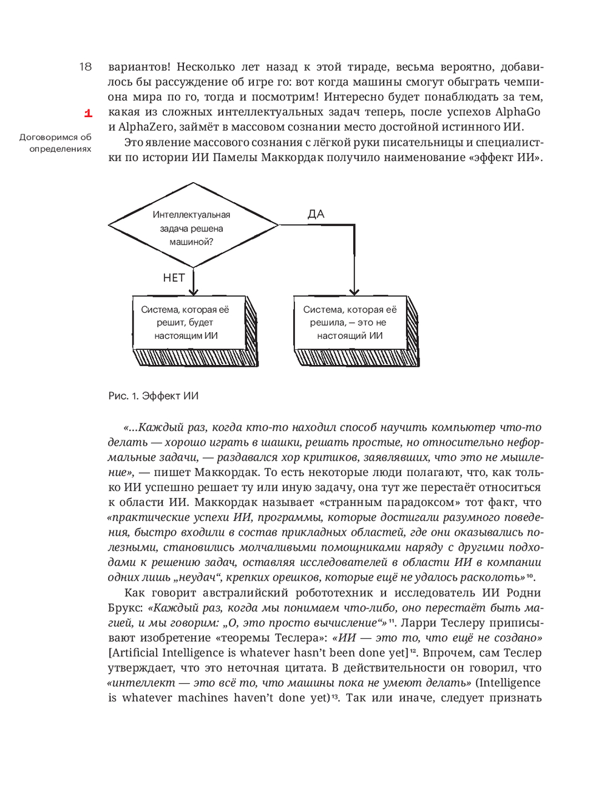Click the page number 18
[85, 67]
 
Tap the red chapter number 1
[88, 113]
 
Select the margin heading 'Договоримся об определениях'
[55, 143]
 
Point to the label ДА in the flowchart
[316, 214]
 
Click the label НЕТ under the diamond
[174, 278]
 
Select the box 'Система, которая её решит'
[186, 322]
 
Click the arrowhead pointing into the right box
[354, 291]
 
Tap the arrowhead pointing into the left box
[193, 291]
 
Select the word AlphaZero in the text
[143, 127]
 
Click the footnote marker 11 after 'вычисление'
[392, 620]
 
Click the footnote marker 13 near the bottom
[334, 696]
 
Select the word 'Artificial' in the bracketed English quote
[135, 653]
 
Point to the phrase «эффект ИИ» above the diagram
[505, 158]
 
